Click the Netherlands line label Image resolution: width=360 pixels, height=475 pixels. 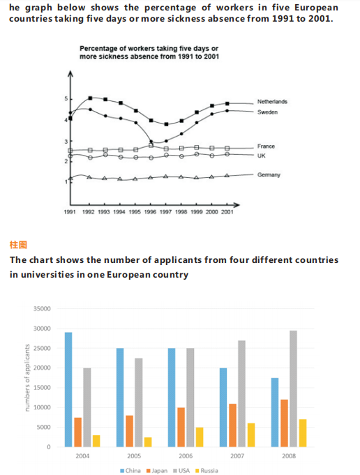[x=272, y=102]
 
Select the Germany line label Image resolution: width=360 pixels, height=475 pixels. [x=269, y=175]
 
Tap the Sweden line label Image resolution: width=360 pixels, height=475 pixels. [x=268, y=112]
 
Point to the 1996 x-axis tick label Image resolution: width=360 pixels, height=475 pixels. [x=150, y=212]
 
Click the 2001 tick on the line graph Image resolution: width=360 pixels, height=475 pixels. [x=227, y=212]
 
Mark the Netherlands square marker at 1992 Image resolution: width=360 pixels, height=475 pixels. [x=90, y=98]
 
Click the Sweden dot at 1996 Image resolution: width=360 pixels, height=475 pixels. [x=151, y=142]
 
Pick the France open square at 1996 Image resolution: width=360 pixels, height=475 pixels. [x=151, y=146]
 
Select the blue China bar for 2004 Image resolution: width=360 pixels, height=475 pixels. [x=68, y=390]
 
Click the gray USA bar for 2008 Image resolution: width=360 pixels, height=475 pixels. [x=293, y=389]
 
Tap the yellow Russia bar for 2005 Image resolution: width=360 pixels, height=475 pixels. [x=148, y=442]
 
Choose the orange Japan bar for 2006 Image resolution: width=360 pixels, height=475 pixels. [x=181, y=427]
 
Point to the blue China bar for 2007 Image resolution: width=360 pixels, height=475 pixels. [x=223, y=407]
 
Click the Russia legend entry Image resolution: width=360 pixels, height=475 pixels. [x=207, y=470]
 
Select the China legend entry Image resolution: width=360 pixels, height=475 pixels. [x=130, y=470]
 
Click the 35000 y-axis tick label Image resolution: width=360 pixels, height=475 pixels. [x=42, y=309]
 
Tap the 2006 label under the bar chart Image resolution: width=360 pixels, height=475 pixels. [x=186, y=456]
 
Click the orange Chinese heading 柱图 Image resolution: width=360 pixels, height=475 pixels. [x=18, y=245]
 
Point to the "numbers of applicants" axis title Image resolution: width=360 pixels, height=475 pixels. [x=27, y=378]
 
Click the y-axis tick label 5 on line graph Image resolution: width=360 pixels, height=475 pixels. [x=66, y=99]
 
